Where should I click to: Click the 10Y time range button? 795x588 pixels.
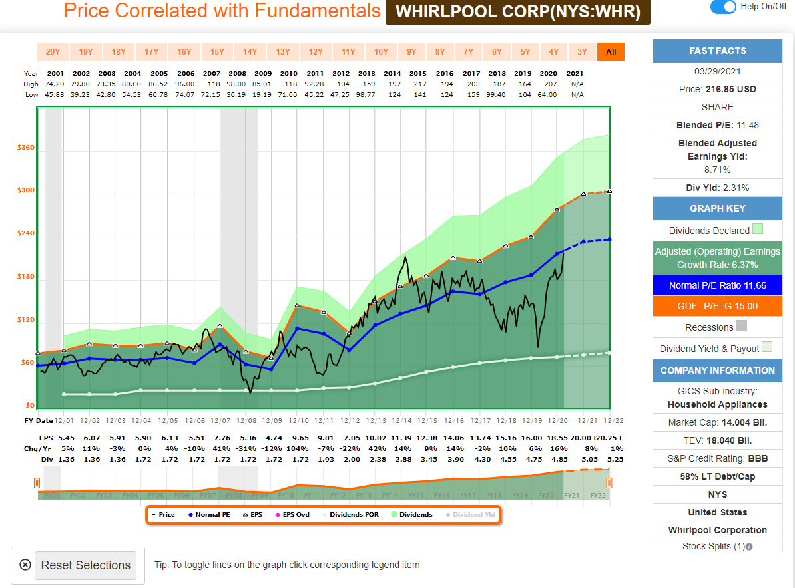[x=381, y=52]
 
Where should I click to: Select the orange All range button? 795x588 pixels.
[x=611, y=52]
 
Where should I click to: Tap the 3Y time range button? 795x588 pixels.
[x=582, y=52]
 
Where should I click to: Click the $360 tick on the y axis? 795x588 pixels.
[x=26, y=148]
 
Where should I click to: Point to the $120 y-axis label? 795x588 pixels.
[x=26, y=320]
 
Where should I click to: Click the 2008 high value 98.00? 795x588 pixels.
[x=237, y=84]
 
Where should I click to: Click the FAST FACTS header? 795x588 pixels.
[x=717, y=51]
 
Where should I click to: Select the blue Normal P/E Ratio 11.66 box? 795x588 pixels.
[x=717, y=285]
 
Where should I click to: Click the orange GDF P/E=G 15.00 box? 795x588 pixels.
[x=717, y=306]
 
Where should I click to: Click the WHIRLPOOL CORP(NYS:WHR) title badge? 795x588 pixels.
[x=517, y=12]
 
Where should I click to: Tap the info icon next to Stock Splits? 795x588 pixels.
[x=749, y=547]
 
